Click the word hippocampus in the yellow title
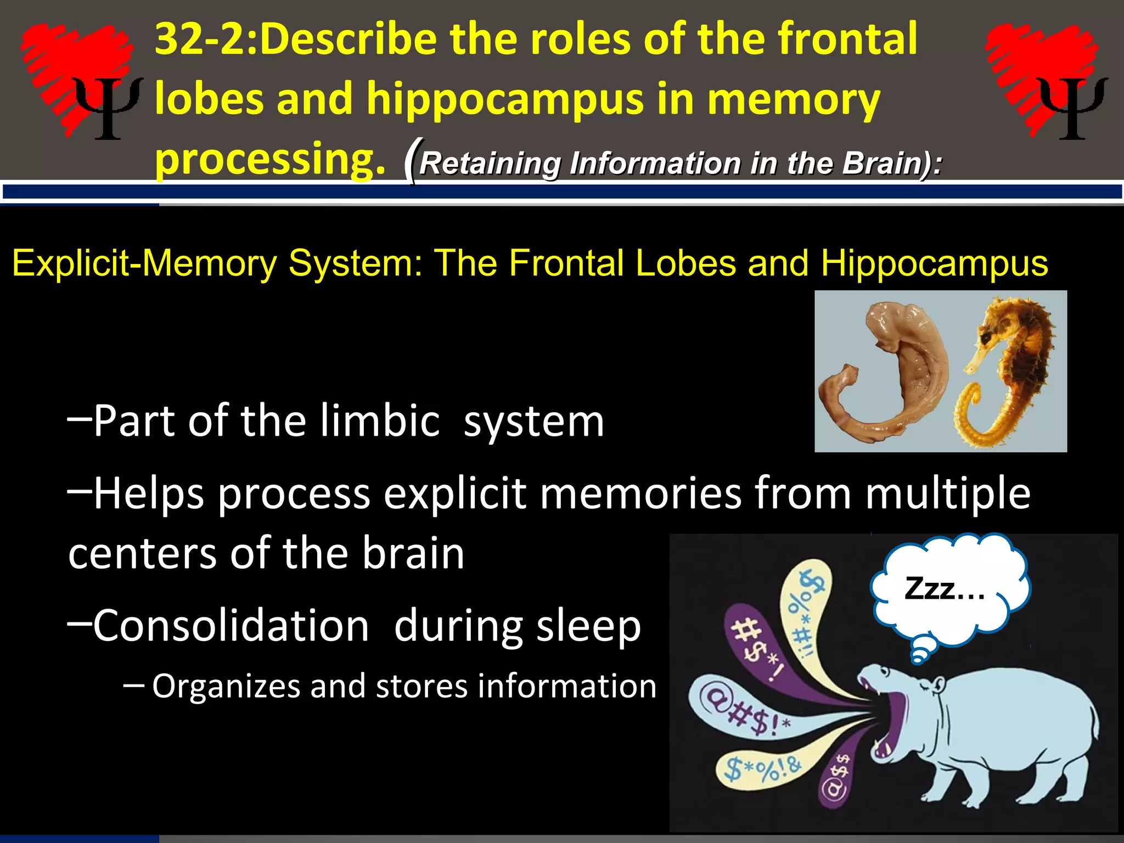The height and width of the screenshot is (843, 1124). pos(504,99)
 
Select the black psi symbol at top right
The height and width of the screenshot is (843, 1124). pos(1073,107)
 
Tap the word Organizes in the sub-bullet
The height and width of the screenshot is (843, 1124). pos(226,686)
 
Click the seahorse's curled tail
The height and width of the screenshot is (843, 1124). pos(971,412)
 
